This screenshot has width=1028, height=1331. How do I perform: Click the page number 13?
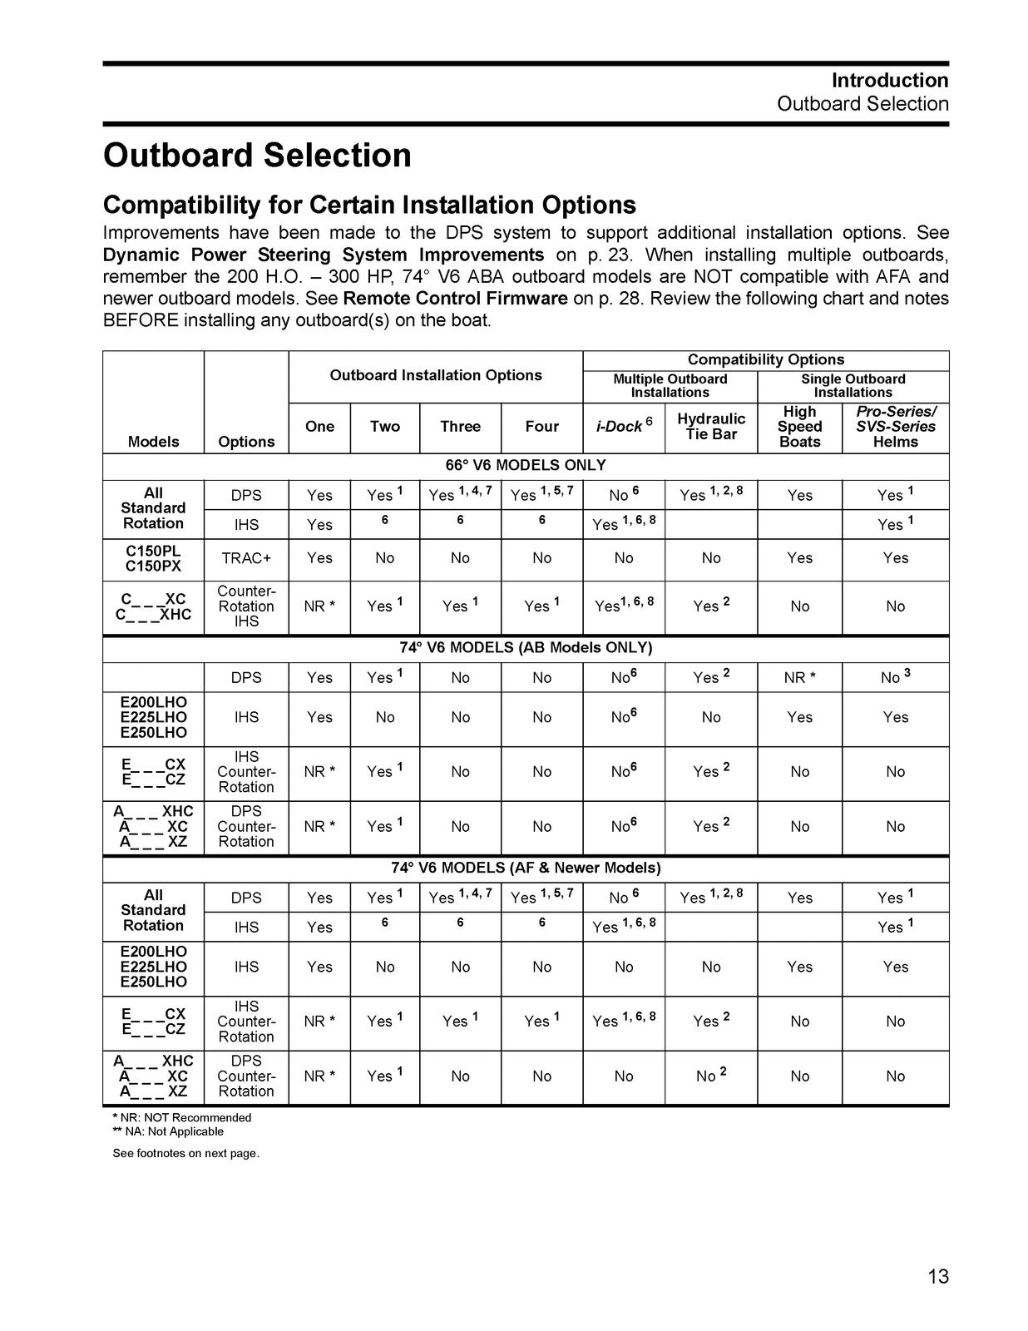coord(937,1276)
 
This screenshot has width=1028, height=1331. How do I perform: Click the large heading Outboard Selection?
coord(257,156)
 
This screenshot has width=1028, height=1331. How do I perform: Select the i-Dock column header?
coord(624,426)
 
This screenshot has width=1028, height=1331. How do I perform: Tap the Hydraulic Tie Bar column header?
coord(711,426)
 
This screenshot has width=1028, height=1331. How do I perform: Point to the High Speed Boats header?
coord(799,427)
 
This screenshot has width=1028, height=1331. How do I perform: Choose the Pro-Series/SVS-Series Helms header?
coord(896,427)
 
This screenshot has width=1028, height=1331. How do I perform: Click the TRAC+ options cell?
coord(246,558)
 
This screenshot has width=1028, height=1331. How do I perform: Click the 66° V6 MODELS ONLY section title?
coord(526,465)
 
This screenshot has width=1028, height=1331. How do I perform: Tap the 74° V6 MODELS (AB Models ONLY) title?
coord(526,647)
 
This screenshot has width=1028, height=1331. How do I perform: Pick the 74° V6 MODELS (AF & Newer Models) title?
coord(526,868)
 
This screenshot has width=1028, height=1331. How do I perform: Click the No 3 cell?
coord(896,677)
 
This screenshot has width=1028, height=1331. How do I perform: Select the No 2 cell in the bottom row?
coord(711,1076)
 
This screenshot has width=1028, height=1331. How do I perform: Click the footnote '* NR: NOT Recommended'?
coord(182,1117)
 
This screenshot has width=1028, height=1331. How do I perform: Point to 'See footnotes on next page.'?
coord(186,1153)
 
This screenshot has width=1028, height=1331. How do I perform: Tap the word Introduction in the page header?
coord(890,81)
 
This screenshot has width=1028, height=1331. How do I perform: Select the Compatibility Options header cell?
coord(766,359)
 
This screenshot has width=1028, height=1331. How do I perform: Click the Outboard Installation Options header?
coord(436,375)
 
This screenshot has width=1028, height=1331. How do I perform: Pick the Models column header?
coord(153,442)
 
